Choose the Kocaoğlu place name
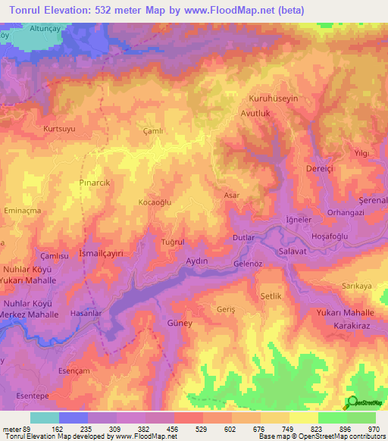point(155,203)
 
